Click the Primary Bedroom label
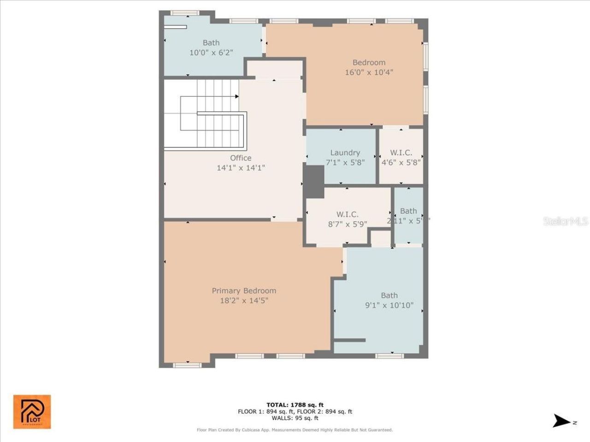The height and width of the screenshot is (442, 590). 244,291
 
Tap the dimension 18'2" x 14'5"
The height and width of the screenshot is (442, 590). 244,301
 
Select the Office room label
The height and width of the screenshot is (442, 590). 241,158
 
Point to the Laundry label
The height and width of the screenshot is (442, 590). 345,152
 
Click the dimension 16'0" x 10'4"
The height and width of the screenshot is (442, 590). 369,72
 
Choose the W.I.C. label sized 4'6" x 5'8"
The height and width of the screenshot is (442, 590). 401,152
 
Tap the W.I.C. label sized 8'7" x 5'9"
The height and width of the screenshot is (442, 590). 347,214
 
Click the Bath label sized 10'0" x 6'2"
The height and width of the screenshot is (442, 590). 211,43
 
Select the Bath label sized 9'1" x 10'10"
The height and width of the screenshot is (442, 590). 389,295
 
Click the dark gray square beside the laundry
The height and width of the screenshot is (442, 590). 314,182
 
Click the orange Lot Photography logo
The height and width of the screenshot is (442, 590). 32,412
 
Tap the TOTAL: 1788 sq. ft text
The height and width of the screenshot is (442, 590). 295,405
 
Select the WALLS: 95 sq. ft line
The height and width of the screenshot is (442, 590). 295,418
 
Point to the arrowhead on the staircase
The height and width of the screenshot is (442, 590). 236,96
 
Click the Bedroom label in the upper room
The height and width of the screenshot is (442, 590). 369,62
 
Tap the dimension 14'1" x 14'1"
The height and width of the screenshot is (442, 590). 241,168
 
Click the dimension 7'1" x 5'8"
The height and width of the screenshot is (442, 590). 345,163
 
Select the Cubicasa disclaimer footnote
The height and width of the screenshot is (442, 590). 295,430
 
